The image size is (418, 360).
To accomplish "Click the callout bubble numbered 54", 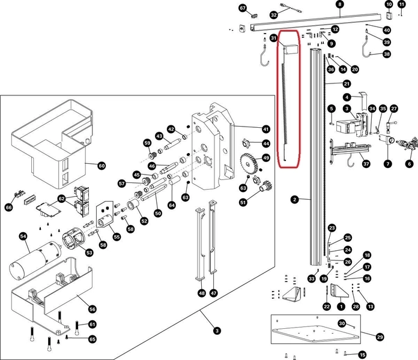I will pos(23,237).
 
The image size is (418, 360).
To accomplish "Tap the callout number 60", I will pos(101,165).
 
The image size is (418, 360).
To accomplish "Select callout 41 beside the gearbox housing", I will pos(266,129).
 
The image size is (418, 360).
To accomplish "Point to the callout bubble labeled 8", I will pos(340,5).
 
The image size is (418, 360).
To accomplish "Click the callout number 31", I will pos(273,38).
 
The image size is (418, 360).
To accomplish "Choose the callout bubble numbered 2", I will pos(294,200).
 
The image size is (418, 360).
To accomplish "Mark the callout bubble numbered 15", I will pos(362,354).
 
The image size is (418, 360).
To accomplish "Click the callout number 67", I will pos(243,8).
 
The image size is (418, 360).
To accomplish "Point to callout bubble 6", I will pos(410,163).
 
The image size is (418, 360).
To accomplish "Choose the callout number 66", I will pos(8,207).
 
